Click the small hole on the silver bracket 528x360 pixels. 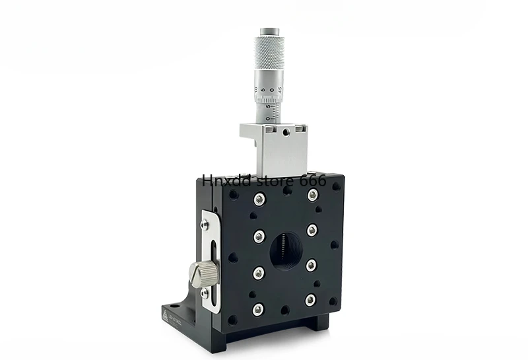(284, 132)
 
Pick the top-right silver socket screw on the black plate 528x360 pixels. (313, 194)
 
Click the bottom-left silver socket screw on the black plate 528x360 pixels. (258, 308)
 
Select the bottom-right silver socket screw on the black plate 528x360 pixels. (310, 301)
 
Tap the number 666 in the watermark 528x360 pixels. (313, 180)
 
